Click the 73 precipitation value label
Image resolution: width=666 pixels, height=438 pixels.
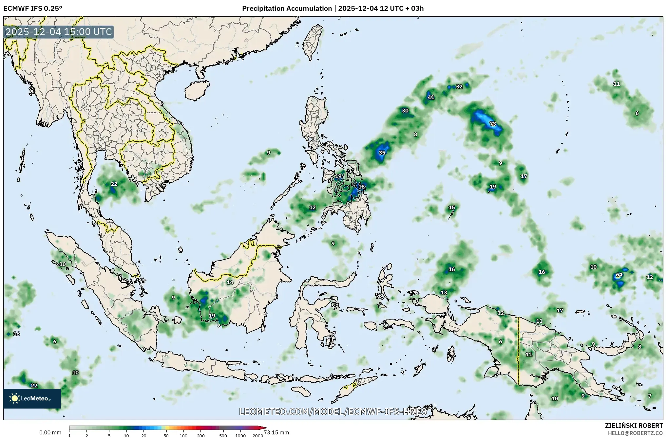pyautogui.click(x=492, y=124)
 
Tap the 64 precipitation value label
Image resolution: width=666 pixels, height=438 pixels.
pyautogui.click(x=619, y=275)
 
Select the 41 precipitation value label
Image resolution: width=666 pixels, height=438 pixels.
pyautogui.click(x=431, y=97)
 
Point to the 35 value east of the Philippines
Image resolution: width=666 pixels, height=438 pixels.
pyautogui.click(x=382, y=153)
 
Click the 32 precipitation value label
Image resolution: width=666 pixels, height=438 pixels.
pyautogui.click(x=459, y=86)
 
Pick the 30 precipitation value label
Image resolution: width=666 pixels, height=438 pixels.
pyautogui.click(x=405, y=110)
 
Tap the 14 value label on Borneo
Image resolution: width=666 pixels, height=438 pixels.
pyautogui.click(x=230, y=282)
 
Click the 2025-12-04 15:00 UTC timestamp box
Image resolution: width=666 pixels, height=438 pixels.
pyautogui.click(x=59, y=32)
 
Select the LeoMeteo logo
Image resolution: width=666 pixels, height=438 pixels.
pyautogui.click(x=32, y=398)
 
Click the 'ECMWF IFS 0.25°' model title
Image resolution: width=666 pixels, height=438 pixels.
pyautogui.click(x=32, y=8)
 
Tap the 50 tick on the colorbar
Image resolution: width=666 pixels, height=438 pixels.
pyautogui.click(x=166, y=436)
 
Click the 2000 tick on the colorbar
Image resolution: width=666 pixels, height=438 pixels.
pyautogui.click(x=258, y=436)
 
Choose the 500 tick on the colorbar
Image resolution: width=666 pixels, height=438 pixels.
pyautogui.click(x=223, y=436)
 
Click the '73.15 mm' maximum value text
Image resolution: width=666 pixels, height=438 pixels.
pyautogui.click(x=276, y=432)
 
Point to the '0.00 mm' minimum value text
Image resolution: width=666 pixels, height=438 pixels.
pyautogui.click(x=50, y=432)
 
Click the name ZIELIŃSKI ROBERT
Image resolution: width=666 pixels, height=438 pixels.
pyautogui.click(x=634, y=426)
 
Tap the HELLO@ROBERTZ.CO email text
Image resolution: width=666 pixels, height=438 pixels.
pyautogui.click(x=635, y=433)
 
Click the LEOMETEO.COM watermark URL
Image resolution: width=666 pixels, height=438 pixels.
pyautogui.click(x=333, y=411)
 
